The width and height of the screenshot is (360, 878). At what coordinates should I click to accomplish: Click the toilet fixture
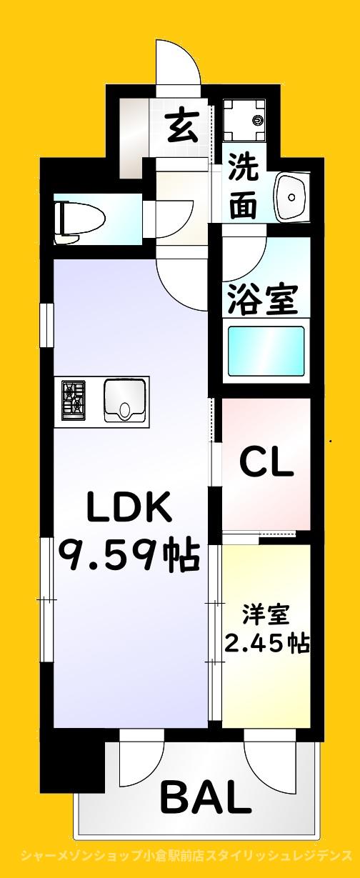pos(80,215)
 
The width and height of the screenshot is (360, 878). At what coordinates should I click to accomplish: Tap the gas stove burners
pos(74,399)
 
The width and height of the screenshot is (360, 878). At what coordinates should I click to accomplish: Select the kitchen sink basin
pos(125,400)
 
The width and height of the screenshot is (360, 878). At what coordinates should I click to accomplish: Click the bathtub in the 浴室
pos(266,350)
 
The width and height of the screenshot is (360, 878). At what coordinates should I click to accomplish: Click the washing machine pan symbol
pos(245,119)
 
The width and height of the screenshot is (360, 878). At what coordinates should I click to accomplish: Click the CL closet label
pos(266,464)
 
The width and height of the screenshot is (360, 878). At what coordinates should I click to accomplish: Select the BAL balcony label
pos(206,797)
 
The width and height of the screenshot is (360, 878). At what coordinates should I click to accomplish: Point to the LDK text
pos(130,508)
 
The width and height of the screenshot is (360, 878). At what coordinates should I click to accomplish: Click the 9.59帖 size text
pos(129,555)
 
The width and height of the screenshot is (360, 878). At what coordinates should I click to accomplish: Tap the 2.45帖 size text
pos(266,642)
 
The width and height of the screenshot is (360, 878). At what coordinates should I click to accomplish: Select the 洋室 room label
pos(266,614)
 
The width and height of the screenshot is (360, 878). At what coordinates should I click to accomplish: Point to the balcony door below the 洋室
pos(269,757)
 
